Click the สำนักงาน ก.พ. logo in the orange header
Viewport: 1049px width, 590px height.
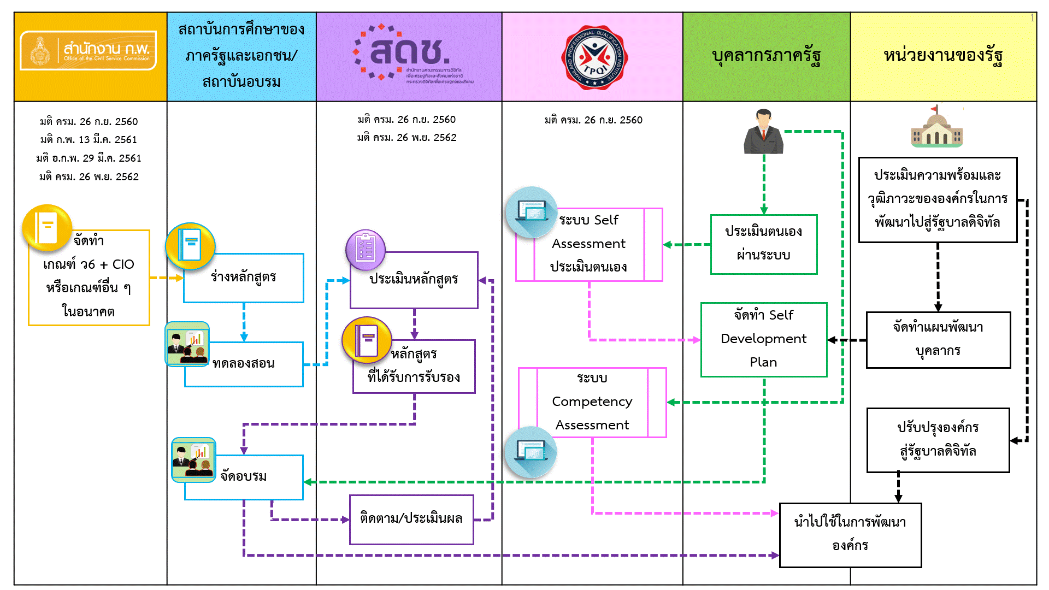pyautogui.click(x=88, y=51)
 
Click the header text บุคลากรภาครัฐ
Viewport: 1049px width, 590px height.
pyautogui.click(x=766, y=56)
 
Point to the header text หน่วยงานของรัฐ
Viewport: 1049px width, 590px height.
pyautogui.click(x=943, y=56)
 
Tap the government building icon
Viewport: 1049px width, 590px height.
pyautogui.click(x=936, y=127)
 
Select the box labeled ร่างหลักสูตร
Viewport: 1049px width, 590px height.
pyautogui.click(x=244, y=278)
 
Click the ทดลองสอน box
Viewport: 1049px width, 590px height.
pyautogui.click(x=244, y=364)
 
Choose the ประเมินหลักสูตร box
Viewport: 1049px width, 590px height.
pyautogui.click(x=414, y=280)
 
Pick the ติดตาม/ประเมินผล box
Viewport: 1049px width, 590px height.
pyautogui.click(x=411, y=519)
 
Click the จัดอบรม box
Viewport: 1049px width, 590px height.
pyautogui.click(x=244, y=477)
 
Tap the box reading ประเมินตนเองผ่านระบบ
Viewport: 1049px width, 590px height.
pyautogui.click(x=763, y=244)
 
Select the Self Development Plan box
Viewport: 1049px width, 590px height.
pyautogui.click(x=763, y=339)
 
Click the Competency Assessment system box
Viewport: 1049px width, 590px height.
pyautogui.click(x=592, y=402)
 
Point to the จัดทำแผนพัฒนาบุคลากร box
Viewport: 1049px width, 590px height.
pyautogui.click(x=938, y=339)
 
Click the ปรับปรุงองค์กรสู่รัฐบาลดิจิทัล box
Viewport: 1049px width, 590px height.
pyautogui.click(x=938, y=440)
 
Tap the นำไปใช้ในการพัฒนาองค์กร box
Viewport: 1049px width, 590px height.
pyautogui.click(x=850, y=534)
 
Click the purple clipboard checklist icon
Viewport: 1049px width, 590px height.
pyautogui.click(x=366, y=250)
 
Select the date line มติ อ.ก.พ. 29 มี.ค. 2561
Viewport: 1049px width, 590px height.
pyautogui.click(x=89, y=158)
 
